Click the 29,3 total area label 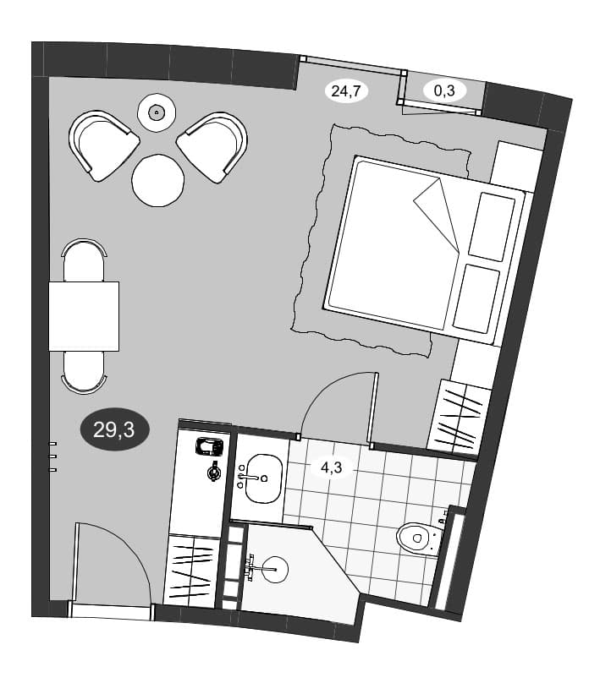point(115,429)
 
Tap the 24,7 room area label point(346,91)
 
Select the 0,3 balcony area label point(444,90)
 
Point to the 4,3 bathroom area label point(332,467)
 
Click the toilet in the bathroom point(416,538)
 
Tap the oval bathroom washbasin point(263,478)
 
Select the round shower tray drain point(275,569)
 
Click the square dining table point(84,316)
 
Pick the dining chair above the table point(84,260)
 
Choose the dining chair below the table point(84,372)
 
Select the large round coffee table point(157,180)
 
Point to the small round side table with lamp point(157,113)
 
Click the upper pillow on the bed point(492,227)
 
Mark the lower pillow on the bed point(476,298)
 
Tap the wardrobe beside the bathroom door point(459,417)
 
